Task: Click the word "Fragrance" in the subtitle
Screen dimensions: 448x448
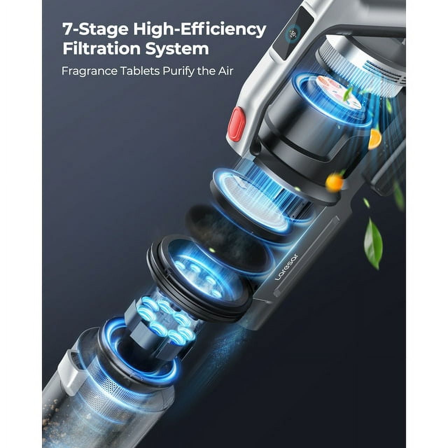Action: point(89,71)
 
